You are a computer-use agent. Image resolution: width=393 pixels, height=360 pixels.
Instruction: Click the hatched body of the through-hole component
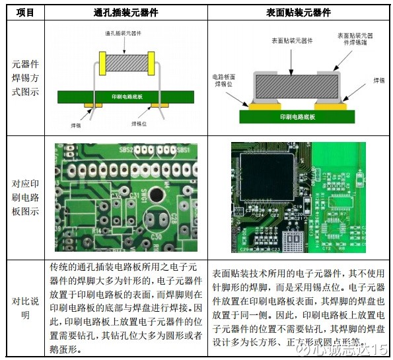pyautogui.click(x=125, y=63)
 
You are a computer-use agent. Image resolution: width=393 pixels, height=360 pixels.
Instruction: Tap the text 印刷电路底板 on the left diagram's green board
pyautogui.click(x=125, y=96)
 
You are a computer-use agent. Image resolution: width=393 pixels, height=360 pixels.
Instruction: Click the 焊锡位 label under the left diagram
pyautogui.click(x=138, y=123)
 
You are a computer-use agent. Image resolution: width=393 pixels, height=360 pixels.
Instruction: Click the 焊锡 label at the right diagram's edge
pyautogui.click(x=378, y=79)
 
